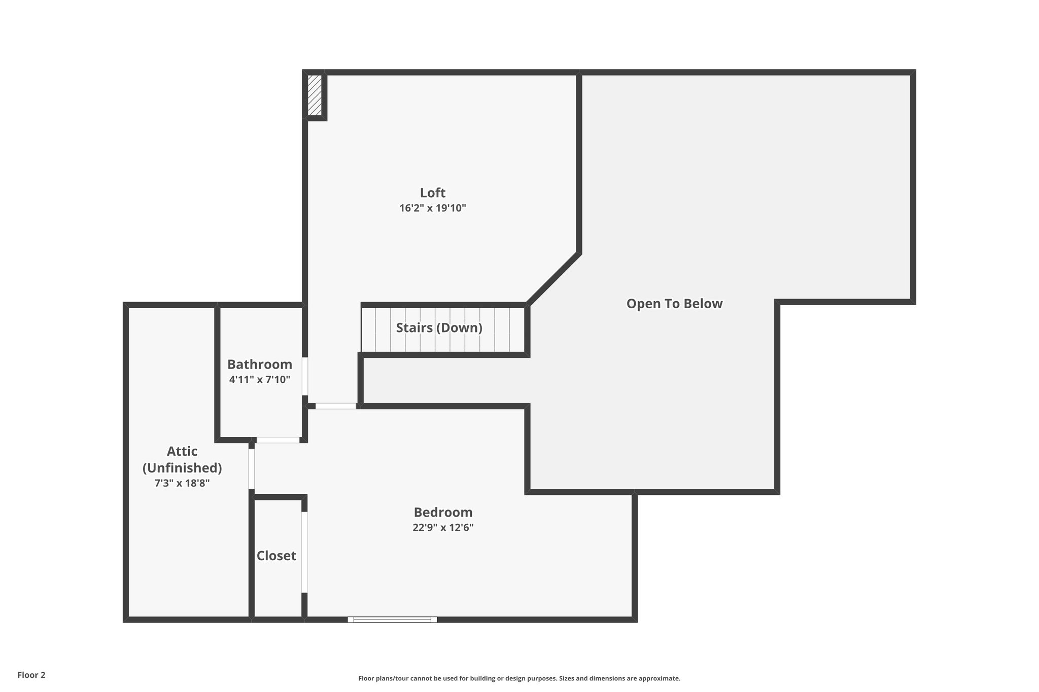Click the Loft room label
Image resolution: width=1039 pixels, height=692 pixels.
(x=432, y=193)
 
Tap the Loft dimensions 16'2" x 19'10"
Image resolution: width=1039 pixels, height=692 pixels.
(x=432, y=208)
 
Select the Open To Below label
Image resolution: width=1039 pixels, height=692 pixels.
(x=674, y=304)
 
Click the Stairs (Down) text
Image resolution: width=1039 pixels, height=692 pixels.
(x=439, y=327)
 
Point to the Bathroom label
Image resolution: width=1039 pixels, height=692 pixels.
(x=259, y=365)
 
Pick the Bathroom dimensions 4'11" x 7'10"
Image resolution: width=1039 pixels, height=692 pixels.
(x=259, y=379)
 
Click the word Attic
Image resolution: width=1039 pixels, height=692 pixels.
(x=182, y=451)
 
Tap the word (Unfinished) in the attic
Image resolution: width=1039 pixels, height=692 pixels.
(x=182, y=467)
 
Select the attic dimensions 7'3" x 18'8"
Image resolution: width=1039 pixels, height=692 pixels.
(x=182, y=483)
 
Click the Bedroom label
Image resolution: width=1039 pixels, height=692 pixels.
(x=443, y=512)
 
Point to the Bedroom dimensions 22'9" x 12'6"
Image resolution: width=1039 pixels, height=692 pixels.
(x=443, y=527)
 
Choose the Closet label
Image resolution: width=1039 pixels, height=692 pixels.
(x=276, y=556)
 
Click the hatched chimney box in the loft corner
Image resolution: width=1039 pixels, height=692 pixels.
(x=315, y=95)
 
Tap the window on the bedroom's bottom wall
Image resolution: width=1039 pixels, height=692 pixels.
(x=392, y=620)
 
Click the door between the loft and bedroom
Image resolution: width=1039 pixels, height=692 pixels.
(x=335, y=406)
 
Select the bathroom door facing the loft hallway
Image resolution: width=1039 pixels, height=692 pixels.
(x=305, y=376)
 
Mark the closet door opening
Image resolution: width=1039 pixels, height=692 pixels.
(x=304, y=552)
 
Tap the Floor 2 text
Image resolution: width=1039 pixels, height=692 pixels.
(x=31, y=675)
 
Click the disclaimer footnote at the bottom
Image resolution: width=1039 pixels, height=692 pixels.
(x=519, y=678)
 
